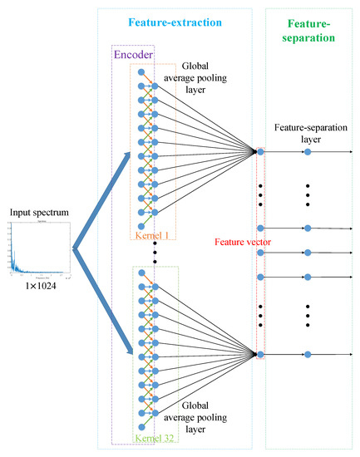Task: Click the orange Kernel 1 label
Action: pyautogui.click(x=155, y=236)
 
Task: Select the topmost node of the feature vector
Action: pyautogui.click(x=263, y=152)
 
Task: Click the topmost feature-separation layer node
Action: pyautogui.click(x=308, y=152)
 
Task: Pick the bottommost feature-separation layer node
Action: pyautogui.click(x=308, y=355)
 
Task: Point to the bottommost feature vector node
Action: pyautogui.click(x=263, y=355)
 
